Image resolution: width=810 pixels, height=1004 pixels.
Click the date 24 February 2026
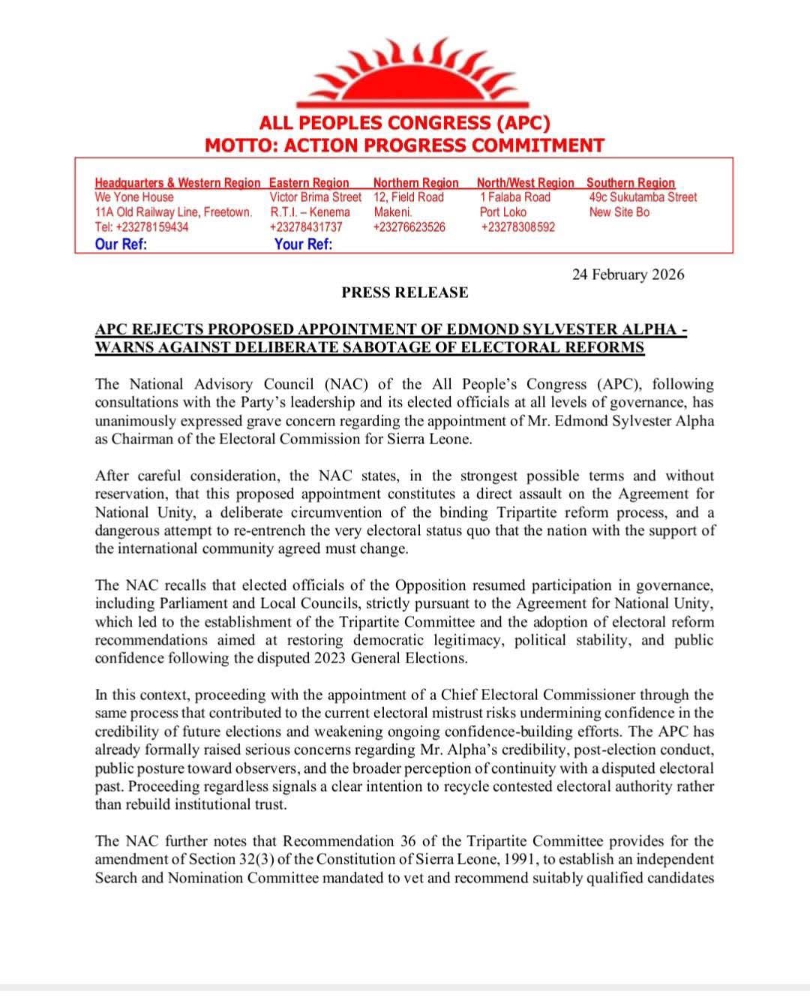pos(628,275)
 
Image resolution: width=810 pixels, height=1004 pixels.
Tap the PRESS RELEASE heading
pos(405,293)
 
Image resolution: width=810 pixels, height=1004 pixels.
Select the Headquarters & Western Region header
pos(178,182)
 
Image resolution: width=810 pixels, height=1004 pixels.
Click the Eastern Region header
pos(309,182)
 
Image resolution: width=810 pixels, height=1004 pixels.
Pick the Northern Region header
pos(415,182)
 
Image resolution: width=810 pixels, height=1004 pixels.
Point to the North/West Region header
pos(525,182)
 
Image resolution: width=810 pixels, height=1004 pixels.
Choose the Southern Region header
pos(630,182)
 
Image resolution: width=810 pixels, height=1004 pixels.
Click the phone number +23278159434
pos(142,227)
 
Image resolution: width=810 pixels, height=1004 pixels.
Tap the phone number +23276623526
pos(409,227)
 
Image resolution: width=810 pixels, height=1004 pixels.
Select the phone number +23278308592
pos(518,227)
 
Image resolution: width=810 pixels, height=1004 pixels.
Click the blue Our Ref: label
pos(121,244)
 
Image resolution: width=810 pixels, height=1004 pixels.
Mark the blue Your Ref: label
pos(303,244)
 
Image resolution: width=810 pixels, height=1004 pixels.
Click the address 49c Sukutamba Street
pos(643,197)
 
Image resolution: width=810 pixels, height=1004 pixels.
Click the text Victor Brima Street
pos(315,197)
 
